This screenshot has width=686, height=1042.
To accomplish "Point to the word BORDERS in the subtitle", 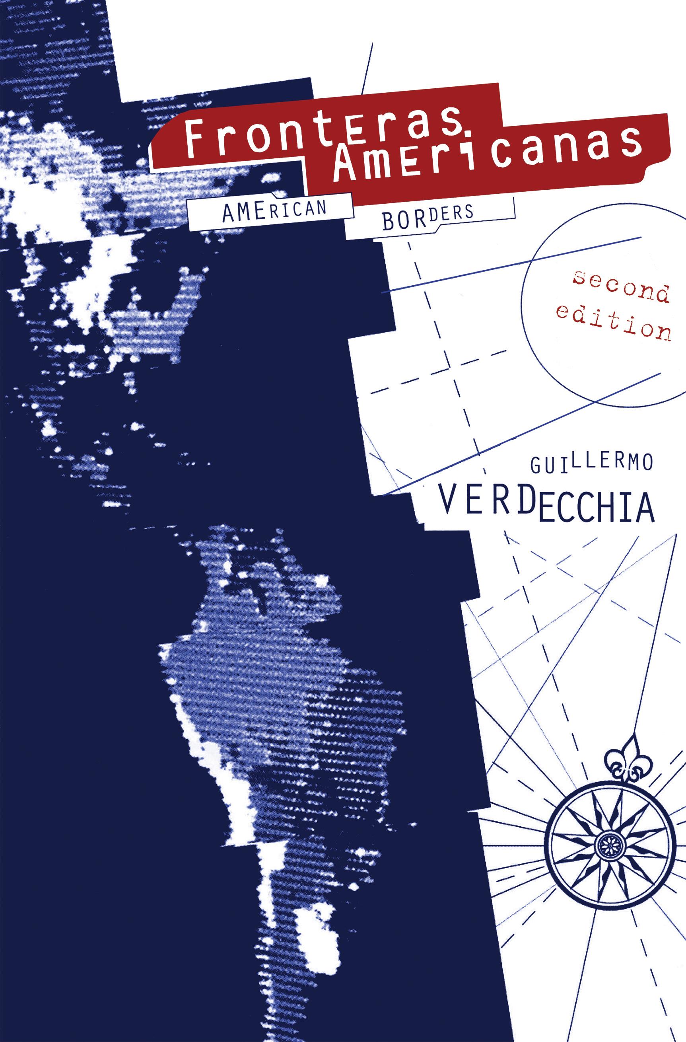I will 428,218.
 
